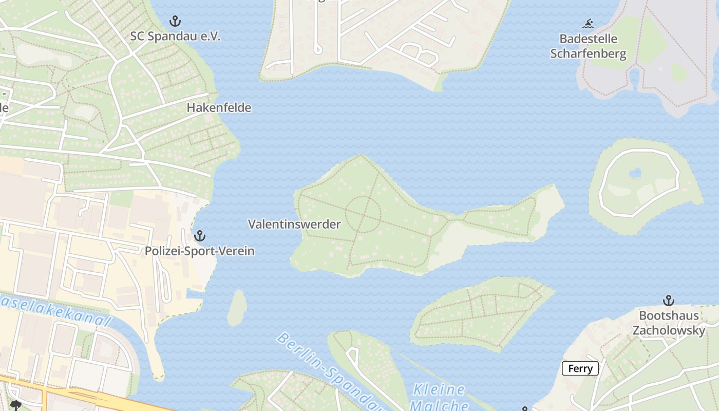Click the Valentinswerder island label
pos(294,225)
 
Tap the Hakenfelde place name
pos(219,108)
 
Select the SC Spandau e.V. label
pos(175,36)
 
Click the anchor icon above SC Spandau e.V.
pos(175,21)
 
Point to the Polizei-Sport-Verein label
pos(199,251)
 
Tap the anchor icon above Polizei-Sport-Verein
pos(199,236)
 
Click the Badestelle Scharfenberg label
pos(588,46)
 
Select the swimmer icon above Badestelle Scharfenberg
pos(588,23)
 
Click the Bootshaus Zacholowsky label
pos(669,323)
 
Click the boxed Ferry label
pos(580,368)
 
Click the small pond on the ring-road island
pos(635,173)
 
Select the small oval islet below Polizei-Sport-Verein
pos(237,307)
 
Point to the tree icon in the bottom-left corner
pos(15,405)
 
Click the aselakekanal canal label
pos(56,310)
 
